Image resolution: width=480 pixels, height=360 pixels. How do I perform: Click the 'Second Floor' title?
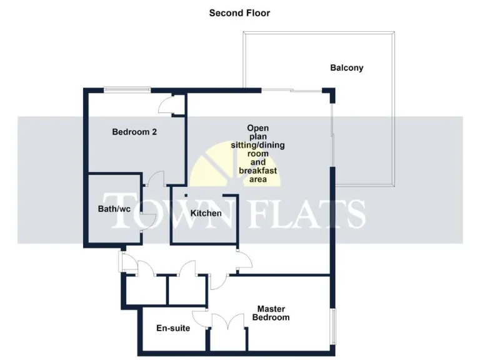pos(239,12)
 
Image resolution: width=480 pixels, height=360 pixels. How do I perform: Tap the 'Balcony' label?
pos(347,67)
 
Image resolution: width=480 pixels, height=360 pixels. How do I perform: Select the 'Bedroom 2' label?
pos(134,132)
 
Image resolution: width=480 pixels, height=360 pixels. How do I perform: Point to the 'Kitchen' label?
pos(206,213)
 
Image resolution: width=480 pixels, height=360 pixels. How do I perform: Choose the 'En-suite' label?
pos(173,327)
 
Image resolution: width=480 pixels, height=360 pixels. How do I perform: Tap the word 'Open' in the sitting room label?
pos(257,127)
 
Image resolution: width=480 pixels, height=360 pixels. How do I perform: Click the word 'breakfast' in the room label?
pos(257,171)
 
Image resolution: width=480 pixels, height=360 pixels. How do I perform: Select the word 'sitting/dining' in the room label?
pos(257,145)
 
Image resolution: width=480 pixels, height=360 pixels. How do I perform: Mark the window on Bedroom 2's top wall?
pos(127,89)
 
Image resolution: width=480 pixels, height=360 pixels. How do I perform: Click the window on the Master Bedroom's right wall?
pos(333,319)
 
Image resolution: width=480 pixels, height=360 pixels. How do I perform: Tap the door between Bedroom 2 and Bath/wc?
pos(153,179)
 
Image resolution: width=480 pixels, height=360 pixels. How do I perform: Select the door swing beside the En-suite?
pos(200,318)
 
